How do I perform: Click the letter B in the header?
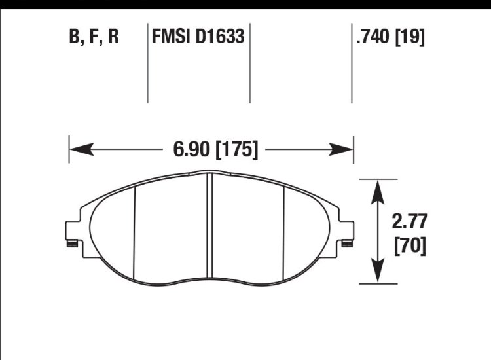pyautogui.click(x=74, y=37)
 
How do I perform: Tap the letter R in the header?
pyautogui.click(x=113, y=37)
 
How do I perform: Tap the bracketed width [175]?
pyautogui.click(x=235, y=150)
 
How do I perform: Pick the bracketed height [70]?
pyautogui.click(x=410, y=245)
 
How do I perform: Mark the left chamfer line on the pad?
pyautogui.click(x=134, y=229)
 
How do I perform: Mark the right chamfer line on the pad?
pyautogui.click(x=283, y=229)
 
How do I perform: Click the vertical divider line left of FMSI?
pyautogui.click(x=147, y=65)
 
